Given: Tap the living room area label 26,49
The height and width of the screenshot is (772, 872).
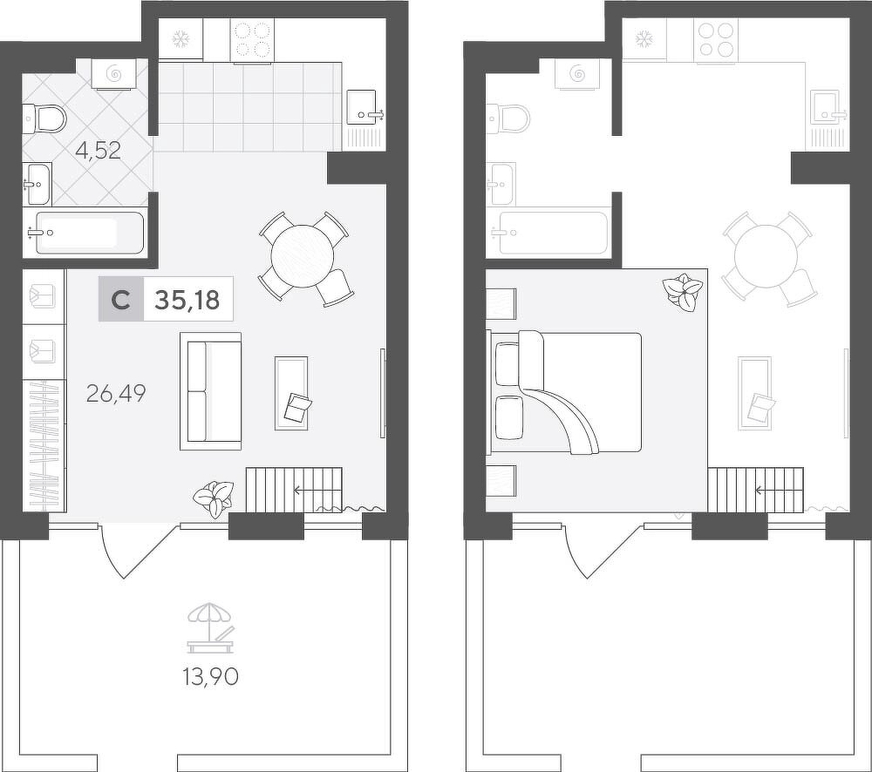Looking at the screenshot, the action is tap(116, 393).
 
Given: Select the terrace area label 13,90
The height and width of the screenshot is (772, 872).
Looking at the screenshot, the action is tap(211, 676).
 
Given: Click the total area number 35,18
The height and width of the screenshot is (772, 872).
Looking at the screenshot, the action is tap(187, 300).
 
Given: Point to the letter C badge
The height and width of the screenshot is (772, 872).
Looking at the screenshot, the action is tap(121, 299).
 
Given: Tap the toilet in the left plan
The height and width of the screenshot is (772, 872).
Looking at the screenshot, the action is tap(44, 119).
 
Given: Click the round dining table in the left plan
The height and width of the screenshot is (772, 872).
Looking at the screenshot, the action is tap(302, 256).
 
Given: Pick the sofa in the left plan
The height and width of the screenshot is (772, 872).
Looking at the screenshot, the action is tap(210, 391).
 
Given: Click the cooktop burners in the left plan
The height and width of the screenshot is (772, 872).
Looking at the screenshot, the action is tap(253, 39).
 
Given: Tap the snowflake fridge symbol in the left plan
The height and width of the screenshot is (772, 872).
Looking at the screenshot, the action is tap(181, 38).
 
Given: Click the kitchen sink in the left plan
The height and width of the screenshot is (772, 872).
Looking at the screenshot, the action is tap(365, 108).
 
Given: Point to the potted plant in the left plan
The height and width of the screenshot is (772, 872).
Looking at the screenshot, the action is tap(213, 498).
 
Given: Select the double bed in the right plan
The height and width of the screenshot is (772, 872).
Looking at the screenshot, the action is tap(564, 392).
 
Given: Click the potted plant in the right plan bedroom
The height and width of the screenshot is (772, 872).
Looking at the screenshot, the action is tap(683, 292).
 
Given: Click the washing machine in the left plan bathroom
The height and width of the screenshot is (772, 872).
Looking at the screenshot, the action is tap(114, 74).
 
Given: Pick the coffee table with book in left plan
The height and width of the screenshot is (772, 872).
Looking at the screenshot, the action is tap(291, 393).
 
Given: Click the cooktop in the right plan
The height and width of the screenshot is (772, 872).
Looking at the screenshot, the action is tap(715, 39).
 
